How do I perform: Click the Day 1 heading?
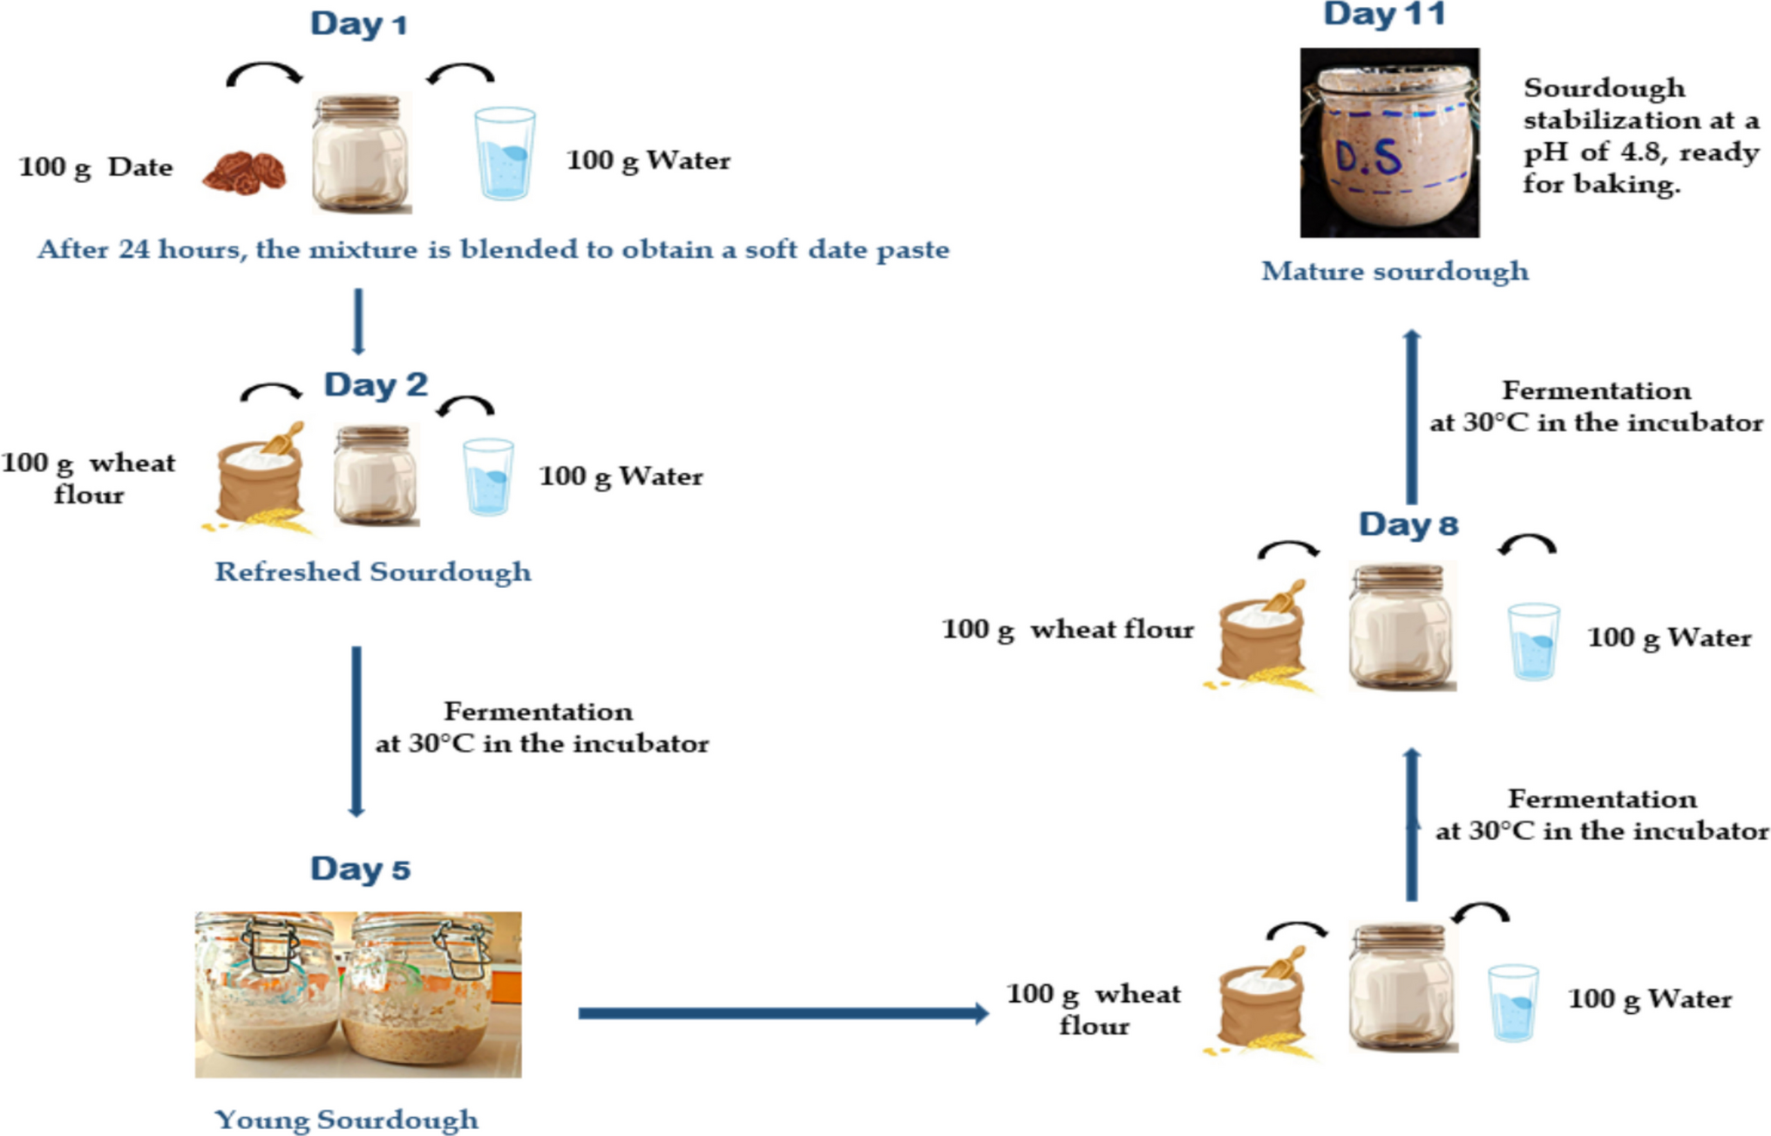[x=358, y=24]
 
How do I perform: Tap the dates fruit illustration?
[x=244, y=172]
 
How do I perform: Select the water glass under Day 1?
[x=505, y=153]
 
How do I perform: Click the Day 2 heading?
[x=376, y=385]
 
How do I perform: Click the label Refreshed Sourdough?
[x=373, y=572]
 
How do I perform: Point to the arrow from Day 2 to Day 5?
[x=356, y=730]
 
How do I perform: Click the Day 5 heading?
[x=360, y=869]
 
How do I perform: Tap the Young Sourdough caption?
[x=346, y=1119]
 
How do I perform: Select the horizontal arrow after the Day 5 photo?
[x=783, y=1012]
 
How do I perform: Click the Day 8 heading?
[x=1408, y=524]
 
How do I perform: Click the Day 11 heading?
[x=1385, y=15]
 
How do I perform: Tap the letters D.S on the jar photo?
[x=1368, y=158]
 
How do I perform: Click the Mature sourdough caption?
[x=1394, y=271]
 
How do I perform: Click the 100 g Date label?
[x=95, y=166]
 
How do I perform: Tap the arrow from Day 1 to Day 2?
[x=358, y=321]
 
